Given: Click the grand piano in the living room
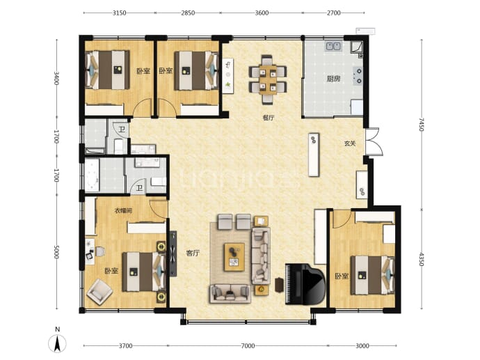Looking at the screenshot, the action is coord(305,284).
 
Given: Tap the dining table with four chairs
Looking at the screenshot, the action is coord(268,79).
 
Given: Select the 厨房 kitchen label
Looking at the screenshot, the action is coord(333,79).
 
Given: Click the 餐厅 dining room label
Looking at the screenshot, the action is coord(269,118).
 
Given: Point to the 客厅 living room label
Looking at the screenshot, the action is coord(193,253).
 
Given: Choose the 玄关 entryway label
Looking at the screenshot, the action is coord(350,143).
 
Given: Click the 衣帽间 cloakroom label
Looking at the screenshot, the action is coord(123,210).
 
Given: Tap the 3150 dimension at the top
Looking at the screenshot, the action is coord(120,13).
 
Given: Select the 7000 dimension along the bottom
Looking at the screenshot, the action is coord(248,346).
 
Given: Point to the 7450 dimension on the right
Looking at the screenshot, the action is coord(422,124).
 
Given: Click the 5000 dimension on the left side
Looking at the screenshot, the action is coord(56,251).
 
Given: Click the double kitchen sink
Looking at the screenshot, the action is coord(334,46).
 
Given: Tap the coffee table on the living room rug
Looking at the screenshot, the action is coord(234,257).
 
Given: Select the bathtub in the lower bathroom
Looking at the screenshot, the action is coord(92,175).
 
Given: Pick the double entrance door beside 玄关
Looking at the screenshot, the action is coord(374,142).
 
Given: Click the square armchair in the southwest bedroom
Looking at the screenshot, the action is coord(99,292).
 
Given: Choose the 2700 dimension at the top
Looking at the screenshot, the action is coord(334,13).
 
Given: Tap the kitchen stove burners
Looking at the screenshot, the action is coord(358,76).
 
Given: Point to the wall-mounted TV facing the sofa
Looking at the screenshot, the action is coord(173,253).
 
